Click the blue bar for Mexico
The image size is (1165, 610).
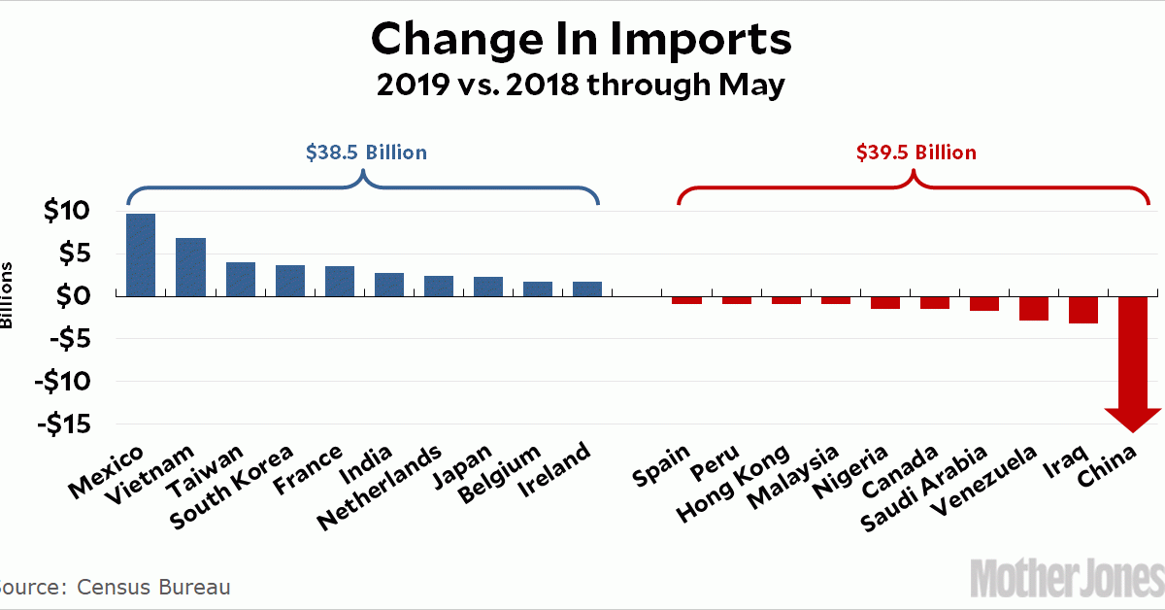click(141, 254)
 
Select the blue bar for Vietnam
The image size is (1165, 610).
click(190, 266)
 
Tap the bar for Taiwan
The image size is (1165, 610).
click(241, 279)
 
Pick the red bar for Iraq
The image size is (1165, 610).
click(1083, 309)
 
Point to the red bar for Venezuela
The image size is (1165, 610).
click(1034, 307)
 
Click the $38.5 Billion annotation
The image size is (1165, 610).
click(366, 152)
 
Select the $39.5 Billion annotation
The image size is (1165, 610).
click(915, 152)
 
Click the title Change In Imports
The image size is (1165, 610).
click(582, 41)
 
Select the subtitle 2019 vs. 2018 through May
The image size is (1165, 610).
click(582, 85)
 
